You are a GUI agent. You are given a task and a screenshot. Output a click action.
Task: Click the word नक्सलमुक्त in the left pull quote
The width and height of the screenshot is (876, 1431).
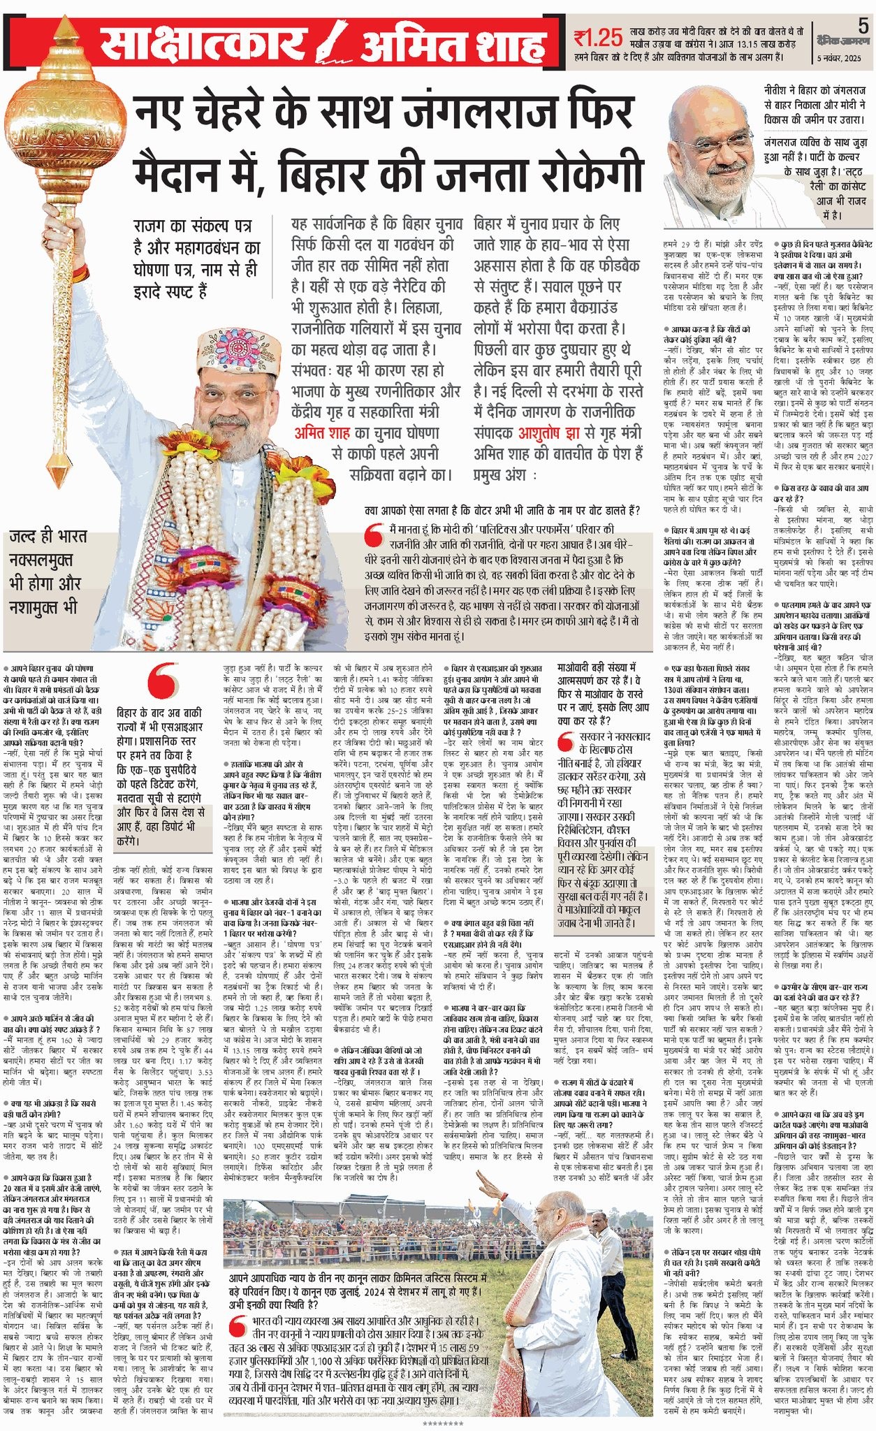(x=41, y=560)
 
